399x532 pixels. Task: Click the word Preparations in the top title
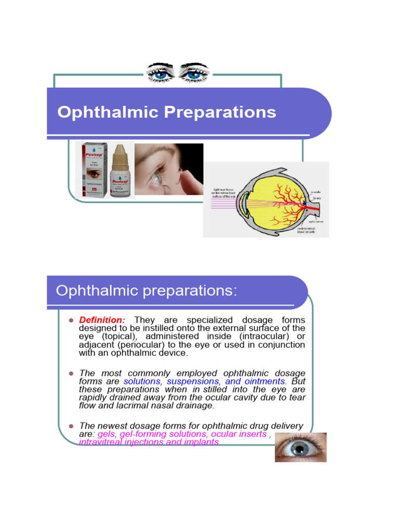click(225, 112)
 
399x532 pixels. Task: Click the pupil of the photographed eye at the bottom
click(300, 448)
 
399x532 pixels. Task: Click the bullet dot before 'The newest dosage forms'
click(71, 426)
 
